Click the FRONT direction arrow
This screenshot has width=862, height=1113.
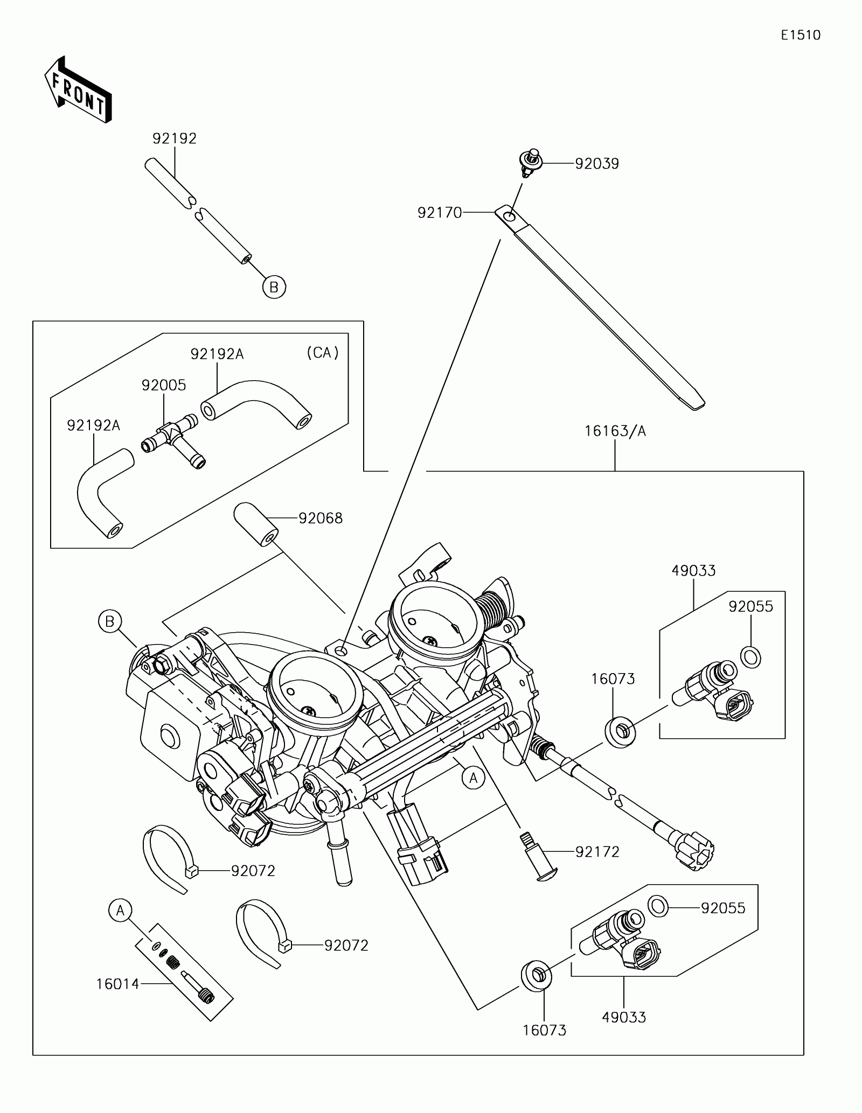click(x=78, y=90)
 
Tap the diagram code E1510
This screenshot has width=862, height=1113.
click(x=801, y=35)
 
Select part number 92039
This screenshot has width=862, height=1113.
click(x=597, y=164)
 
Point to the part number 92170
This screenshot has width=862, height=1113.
click(x=440, y=213)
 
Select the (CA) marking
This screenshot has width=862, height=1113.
click(x=323, y=353)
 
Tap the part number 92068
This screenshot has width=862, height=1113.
click(x=321, y=518)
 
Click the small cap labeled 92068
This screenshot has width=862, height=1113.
click(x=255, y=524)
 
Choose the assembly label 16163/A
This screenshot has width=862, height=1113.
click(x=615, y=431)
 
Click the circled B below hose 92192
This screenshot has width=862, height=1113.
click(x=274, y=287)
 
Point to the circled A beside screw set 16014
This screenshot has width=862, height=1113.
click(x=120, y=910)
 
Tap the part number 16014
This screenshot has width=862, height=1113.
click(x=118, y=984)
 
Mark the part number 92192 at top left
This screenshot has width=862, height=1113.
click(x=175, y=139)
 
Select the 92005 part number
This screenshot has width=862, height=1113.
click(x=164, y=386)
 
